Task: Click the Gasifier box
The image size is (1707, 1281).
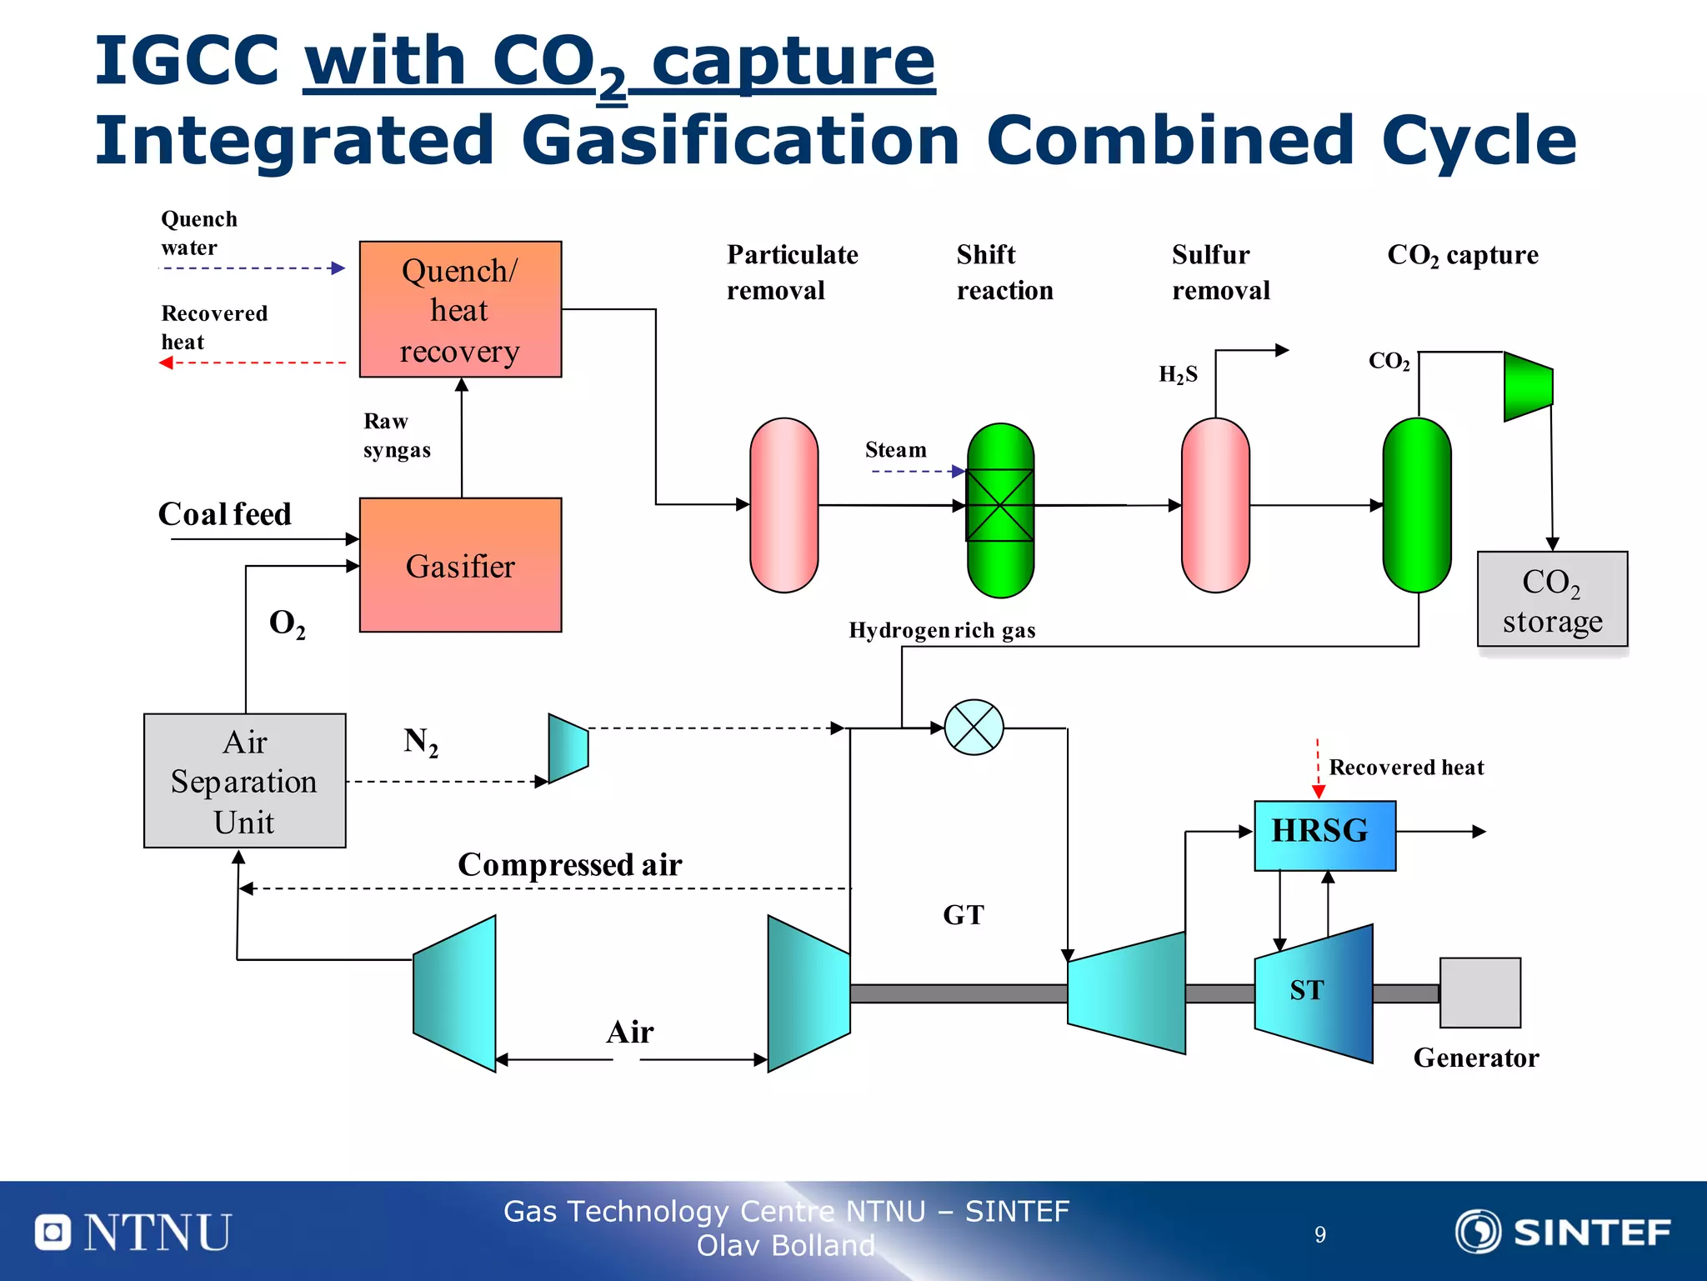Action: tap(460, 565)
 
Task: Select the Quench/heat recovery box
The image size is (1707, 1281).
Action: tap(460, 309)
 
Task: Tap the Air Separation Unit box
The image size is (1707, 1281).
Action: tap(244, 781)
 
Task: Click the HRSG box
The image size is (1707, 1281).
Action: tap(1324, 835)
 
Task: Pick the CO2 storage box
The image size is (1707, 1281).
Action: tap(1552, 599)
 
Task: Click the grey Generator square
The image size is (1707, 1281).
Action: tap(1479, 993)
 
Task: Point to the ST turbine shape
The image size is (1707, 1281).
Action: tap(1312, 992)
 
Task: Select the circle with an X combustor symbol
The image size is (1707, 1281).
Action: tap(974, 728)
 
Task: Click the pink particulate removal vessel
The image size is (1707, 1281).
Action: tap(783, 505)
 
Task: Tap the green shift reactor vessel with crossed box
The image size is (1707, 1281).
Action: tap(1000, 509)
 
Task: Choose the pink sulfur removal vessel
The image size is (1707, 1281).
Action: tap(1215, 505)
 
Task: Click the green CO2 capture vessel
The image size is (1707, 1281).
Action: tap(1416, 505)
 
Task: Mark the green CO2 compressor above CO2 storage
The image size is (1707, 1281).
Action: tap(1527, 386)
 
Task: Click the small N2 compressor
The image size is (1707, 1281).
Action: tap(568, 748)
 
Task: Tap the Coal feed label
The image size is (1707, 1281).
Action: tap(225, 514)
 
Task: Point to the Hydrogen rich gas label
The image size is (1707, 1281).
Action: tap(942, 630)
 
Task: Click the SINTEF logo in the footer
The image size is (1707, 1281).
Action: tap(1563, 1232)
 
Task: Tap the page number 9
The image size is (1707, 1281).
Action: tap(1320, 1234)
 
